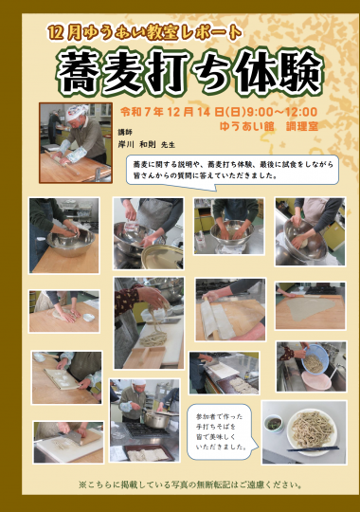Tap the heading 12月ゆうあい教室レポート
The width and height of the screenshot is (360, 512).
click(x=146, y=31)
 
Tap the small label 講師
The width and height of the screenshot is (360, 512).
click(x=125, y=132)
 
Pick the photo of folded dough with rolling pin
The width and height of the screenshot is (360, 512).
click(x=230, y=308)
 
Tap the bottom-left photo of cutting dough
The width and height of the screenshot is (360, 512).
click(x=67, y=442)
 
